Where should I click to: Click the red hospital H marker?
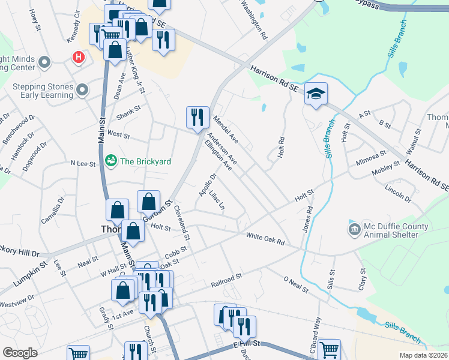tap(78, 58)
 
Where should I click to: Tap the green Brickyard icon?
tap(110, 161)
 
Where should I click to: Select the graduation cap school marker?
tap(316, 94)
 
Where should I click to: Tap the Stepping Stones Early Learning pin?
tap(83, 91)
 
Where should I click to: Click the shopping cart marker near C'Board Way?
tap(329, 350)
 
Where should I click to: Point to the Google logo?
tap(20, 353)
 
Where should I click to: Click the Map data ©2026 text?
tap(423, 355)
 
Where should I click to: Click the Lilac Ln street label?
tap(217, 200)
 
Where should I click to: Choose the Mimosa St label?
tap(370, 157)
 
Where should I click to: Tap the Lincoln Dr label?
tap(398, 194)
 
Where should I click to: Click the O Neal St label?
tap(295, 285)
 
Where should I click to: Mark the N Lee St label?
tap(84, 163)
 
